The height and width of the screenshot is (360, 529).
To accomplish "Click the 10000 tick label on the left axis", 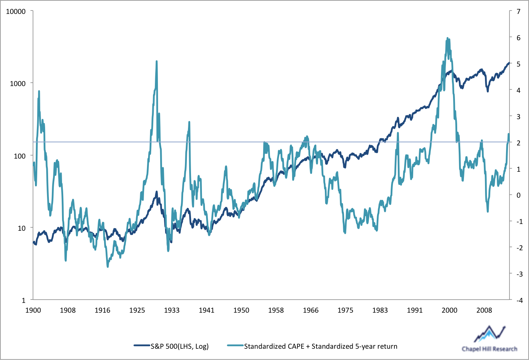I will (x=16, y=12).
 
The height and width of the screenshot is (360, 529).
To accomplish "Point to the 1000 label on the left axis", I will (x=18, y=84).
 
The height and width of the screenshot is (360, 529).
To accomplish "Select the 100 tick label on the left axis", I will (x=20, y=156).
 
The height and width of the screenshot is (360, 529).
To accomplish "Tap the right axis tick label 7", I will (x=518, y=12).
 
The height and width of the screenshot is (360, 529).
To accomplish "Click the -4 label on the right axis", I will (x=519, y=300).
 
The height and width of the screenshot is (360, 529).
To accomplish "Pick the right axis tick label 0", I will (x=518, y=195).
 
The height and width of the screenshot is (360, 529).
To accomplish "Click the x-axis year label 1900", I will (x=33, y=310).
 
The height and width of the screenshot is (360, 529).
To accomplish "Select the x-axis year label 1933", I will (x=172, y=310).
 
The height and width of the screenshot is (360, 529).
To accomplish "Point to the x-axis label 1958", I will (x=276, y=310).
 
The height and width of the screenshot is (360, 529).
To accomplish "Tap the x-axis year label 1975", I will (x=345, y=310).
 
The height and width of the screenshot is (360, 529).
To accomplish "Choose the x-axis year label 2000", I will (x=449, y=310).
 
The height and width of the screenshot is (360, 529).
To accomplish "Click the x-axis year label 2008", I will (x=484, y=310).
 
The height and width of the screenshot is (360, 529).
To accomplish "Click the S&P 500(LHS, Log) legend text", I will (x=180, y=346).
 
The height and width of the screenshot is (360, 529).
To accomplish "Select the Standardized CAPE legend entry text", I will (x=320, y=346).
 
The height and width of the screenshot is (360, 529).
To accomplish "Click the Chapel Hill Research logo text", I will (x=489, y=349).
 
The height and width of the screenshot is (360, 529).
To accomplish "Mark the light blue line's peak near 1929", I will (x=156, y=61).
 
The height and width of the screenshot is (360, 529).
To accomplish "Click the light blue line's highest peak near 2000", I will (x=447, y=38).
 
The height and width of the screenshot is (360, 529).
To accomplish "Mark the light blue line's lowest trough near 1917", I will (x=108, y=266).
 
